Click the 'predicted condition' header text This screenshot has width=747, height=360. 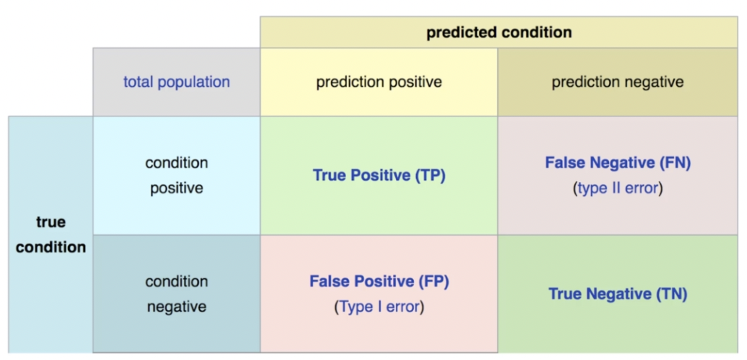click(498, 33)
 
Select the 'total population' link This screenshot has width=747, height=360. click(177, 82)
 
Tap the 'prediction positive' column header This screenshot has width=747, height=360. click(379, 82)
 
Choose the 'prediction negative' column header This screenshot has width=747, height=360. click(618, 82)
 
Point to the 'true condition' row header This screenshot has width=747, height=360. click(51, 235)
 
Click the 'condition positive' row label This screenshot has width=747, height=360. click(177, 176)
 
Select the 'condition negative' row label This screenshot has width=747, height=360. click(177, 293)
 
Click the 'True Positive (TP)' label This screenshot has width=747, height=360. click(379, 176)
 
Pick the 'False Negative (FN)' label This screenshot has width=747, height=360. click(618, 163)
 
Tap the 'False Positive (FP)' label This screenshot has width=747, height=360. click(379, 281)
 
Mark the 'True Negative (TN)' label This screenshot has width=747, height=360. click(618, 293)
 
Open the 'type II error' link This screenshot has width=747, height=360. click(618, 189)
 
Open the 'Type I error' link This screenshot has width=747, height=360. click(379, 307)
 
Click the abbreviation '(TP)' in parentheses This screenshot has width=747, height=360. click(430, 176)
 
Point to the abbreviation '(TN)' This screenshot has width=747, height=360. click(671, 293)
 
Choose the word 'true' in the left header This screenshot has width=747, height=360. click(51, 223)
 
